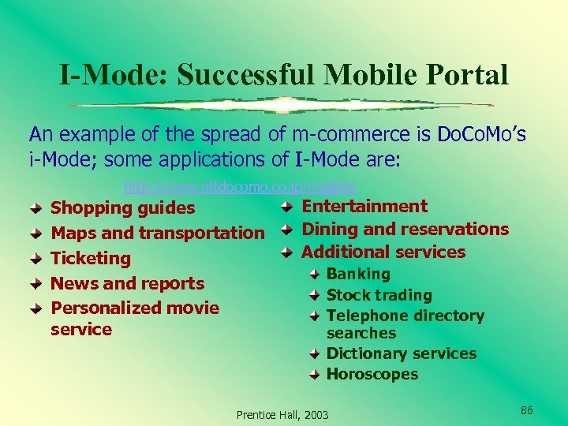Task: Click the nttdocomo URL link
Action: click(x=241, y=188)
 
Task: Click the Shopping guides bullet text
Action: click(x=122, y=208)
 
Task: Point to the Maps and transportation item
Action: click(x=157, y=233)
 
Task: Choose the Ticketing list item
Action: click(x=90, y=258)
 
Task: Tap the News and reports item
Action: click(x=127, y=283)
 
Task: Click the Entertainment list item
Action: click(x=364, y=207)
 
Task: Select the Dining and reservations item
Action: click(x=405, y=230)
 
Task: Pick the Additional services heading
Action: click(x=383, y=252)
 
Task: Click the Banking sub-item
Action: click(x=358, y=274)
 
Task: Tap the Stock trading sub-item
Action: click(x=379, y=295)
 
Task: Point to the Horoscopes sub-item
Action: click(x=372, y=374)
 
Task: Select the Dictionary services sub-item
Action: click(x=401, y=353)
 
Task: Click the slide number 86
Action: click(x=527, y=410)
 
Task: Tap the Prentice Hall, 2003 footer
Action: click(x=282, y=415)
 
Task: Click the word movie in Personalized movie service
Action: click(x=191, y=308)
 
